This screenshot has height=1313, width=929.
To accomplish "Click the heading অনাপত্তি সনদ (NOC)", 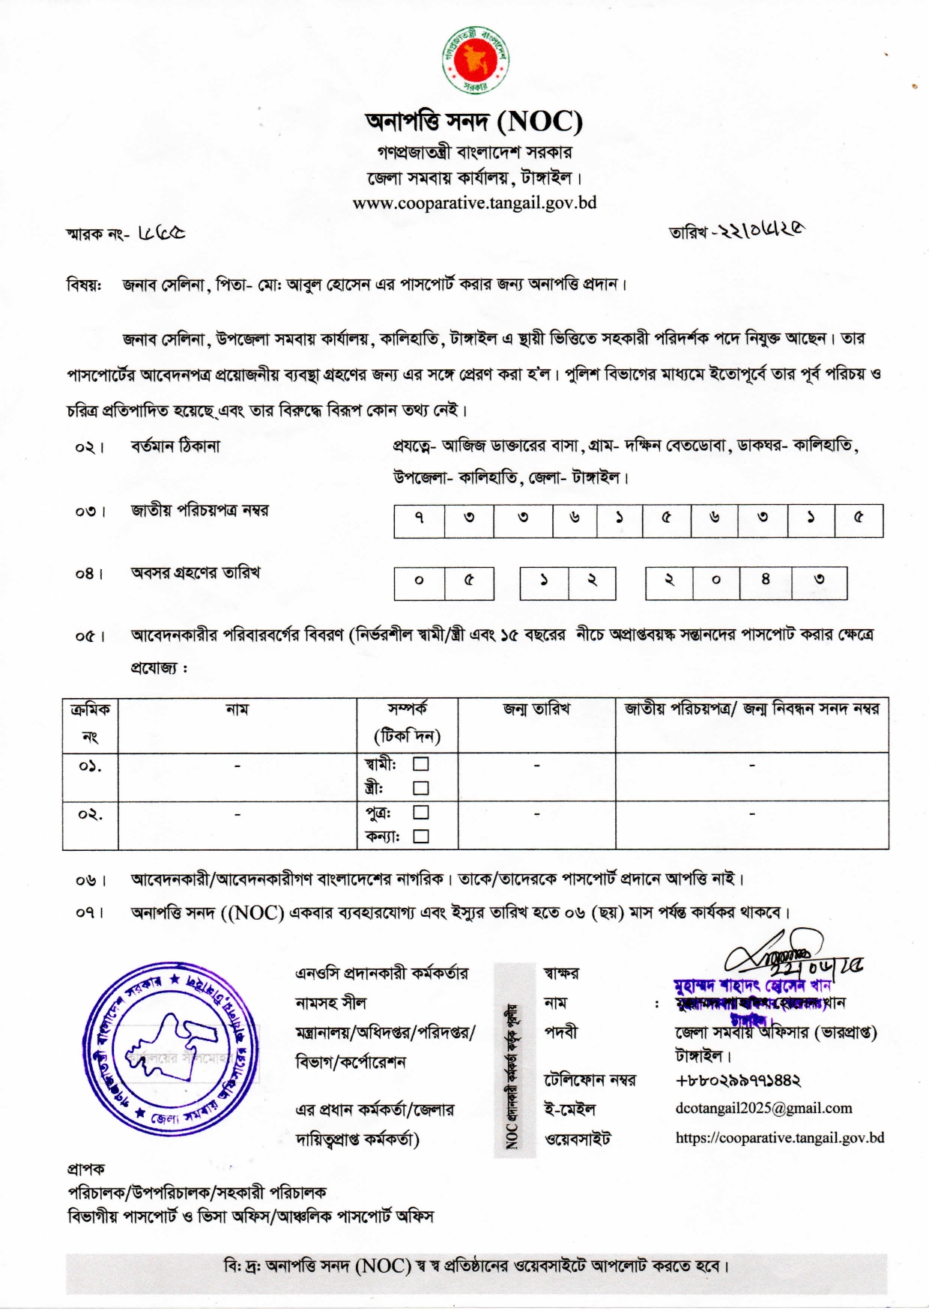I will (473, 121).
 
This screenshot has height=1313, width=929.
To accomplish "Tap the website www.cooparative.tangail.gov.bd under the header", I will (474, 203).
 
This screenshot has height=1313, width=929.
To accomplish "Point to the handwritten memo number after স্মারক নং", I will (162, 233).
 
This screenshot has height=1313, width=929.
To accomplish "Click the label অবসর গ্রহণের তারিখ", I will (196, 573).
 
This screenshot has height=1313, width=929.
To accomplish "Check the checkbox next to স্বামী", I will (421, 764).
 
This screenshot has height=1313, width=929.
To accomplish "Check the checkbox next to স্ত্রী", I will (421, 788).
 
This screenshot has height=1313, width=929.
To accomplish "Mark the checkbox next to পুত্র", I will (421, 812).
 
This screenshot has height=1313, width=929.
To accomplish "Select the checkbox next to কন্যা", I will (421, 837).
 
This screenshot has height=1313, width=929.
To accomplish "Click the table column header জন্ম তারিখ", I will (536, 709).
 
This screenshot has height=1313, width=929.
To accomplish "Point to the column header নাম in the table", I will (237, 709).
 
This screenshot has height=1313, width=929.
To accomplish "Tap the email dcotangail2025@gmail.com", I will (763, 1109).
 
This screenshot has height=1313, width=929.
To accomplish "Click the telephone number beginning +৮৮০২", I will (738, 1081).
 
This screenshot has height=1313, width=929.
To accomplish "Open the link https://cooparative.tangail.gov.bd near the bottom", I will (779, 1138).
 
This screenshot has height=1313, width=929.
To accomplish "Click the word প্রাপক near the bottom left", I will (86, 1168).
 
